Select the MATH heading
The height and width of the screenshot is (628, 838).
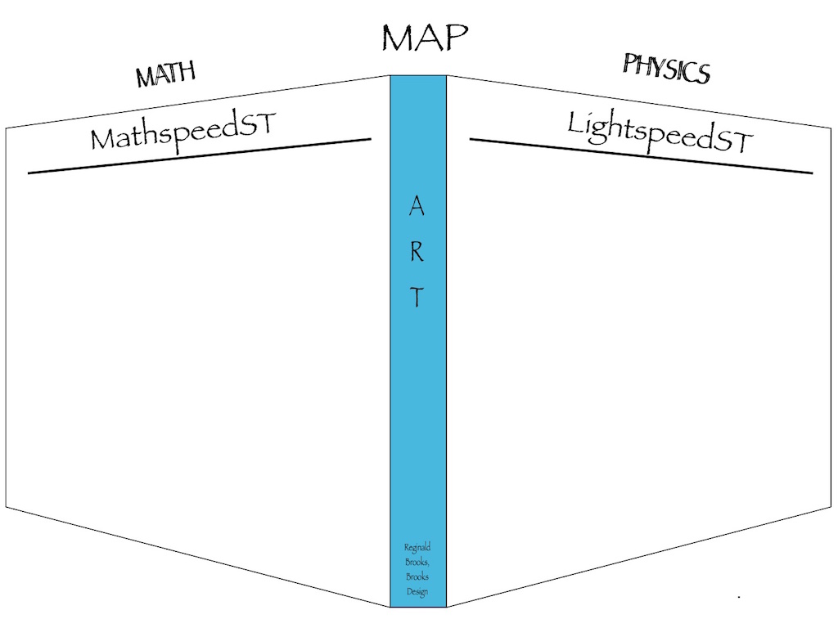coord(166,74)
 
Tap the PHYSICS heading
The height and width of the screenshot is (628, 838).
coord(666,69)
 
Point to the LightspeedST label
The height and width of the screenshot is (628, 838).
coord(660,133)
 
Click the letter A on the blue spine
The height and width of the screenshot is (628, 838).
coord(417,208)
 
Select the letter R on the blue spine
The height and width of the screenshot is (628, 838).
coord(417,252)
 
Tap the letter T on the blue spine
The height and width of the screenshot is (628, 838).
coord(417,298)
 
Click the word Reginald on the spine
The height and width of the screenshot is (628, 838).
coord(417,548)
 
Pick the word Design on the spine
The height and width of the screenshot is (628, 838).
coord(417,592)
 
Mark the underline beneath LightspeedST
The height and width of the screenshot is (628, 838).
coord(641,156)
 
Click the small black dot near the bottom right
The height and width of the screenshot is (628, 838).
coord(739,597)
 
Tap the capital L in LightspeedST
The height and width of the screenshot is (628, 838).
coord(576,123)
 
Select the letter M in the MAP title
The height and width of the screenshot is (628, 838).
coord(396,39)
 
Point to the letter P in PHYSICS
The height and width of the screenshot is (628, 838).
coord(630,63)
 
